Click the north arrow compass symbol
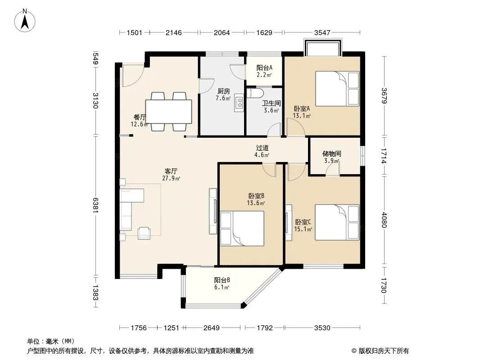25,21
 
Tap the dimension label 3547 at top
322,32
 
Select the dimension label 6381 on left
95,205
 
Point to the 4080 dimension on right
384,220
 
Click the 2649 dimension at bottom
212,328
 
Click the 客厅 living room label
171,171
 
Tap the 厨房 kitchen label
224,91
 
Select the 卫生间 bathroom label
271,103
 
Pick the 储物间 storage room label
332,153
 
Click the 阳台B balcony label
222,280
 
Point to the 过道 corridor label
263,148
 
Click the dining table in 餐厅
169,112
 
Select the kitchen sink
239,103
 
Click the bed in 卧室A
337,89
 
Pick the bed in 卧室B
242,228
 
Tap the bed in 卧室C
337,222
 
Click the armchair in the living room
144,233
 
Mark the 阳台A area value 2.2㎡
264,75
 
